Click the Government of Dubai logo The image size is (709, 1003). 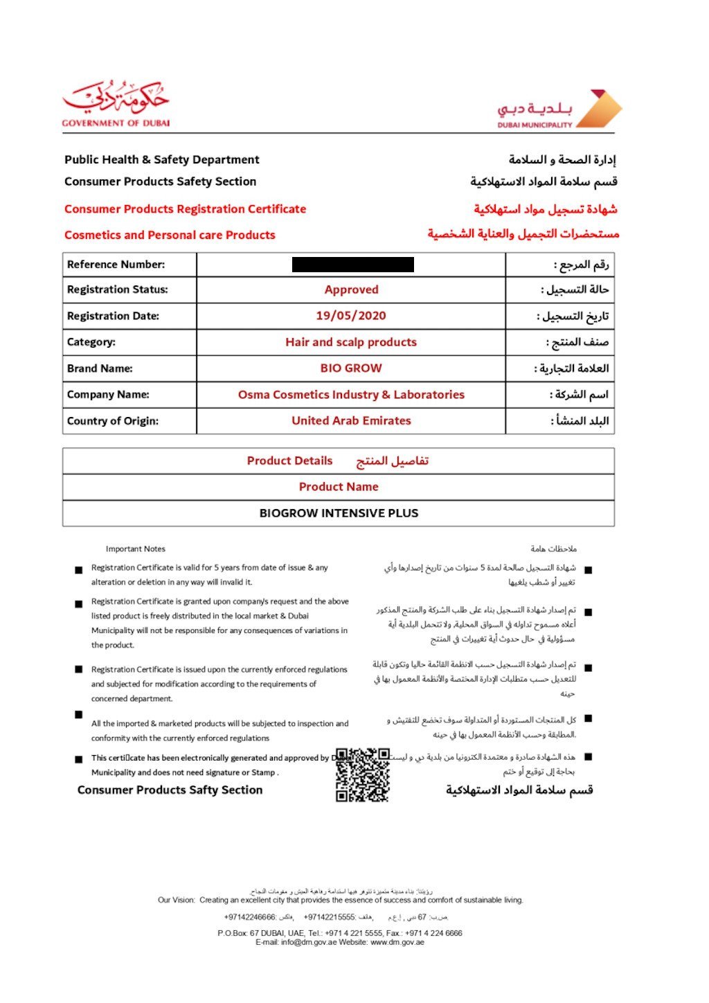coord(116,104)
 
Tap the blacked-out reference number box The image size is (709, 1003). coord(352,265)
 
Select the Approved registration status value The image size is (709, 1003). coord(352,290)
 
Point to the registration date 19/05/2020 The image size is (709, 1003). coord(351,316)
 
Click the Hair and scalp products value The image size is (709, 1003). coord(351,342)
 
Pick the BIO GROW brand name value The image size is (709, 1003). coord(351,369)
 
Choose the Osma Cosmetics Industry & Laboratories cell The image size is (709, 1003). coord(351,395)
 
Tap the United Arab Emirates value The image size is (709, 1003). coord(351,421)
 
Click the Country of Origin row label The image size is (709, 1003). coord(113,421)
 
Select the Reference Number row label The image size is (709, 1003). coord(116,265)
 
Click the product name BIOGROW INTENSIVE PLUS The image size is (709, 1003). coord(339,513)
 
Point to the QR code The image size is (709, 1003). coord(362,774)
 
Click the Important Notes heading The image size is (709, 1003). coord(136,549)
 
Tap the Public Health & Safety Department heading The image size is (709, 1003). coord(162,160)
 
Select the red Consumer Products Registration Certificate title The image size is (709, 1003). coord(185,209)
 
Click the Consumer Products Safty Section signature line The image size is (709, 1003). coord(170,790)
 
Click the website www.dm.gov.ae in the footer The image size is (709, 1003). coord(397,943)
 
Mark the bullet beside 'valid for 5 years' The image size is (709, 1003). coord(79,570)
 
